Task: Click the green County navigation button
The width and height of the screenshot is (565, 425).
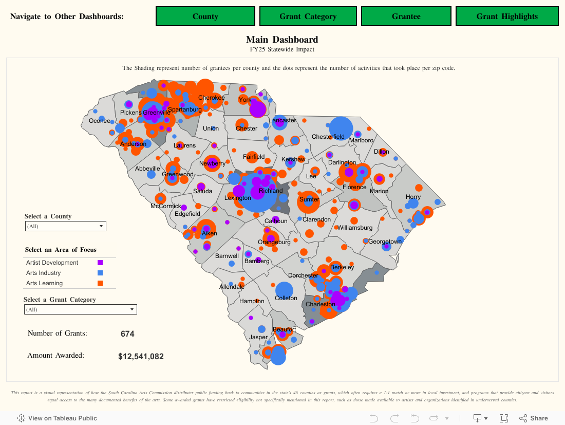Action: pyautogui.click(x=205, y=16)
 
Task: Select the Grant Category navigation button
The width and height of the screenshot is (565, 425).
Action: pyautogui.click(x=308, y=16)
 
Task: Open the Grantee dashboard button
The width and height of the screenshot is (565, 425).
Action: pyautogui.click(x=406, y=16)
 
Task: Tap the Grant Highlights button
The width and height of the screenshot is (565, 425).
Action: pyautogui.click(x=507, y=16)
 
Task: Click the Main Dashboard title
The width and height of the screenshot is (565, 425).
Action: pyautogui.click(x=282, y=40)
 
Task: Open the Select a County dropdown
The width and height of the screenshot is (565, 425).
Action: pyautogui.click(x=65, y=226)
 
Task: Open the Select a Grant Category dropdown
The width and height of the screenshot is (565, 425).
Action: pyautogui.click(x=80, y=309)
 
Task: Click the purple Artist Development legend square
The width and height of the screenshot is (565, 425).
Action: pyautogui.click(x=100, y=263)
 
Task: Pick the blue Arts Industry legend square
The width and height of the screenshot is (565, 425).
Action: pyautogui.click(x=100, y=273)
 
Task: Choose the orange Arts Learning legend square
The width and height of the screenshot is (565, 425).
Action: pyautogui.click(x=100, y=283)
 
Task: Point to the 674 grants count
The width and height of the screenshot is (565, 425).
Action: pyautogui.click(x=127, y=334)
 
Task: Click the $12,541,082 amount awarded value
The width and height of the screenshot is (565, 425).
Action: pyautogui.click(x=141, y=356)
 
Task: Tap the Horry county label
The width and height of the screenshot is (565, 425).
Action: pyautogui.click(x=413, y=197)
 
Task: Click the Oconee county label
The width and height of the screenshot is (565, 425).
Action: pyautogui.click(x=100, y=121)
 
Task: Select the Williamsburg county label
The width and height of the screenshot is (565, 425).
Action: pyautogui.click(x=354, y=227)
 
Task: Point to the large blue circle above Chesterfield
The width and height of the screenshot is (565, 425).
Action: pyautogui.click(x=341, y=128)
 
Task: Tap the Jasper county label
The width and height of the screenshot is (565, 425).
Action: pyautogui.click(x=258, y=337)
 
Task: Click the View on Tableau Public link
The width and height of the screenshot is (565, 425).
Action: pyautogui.click(x=57, y=418)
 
